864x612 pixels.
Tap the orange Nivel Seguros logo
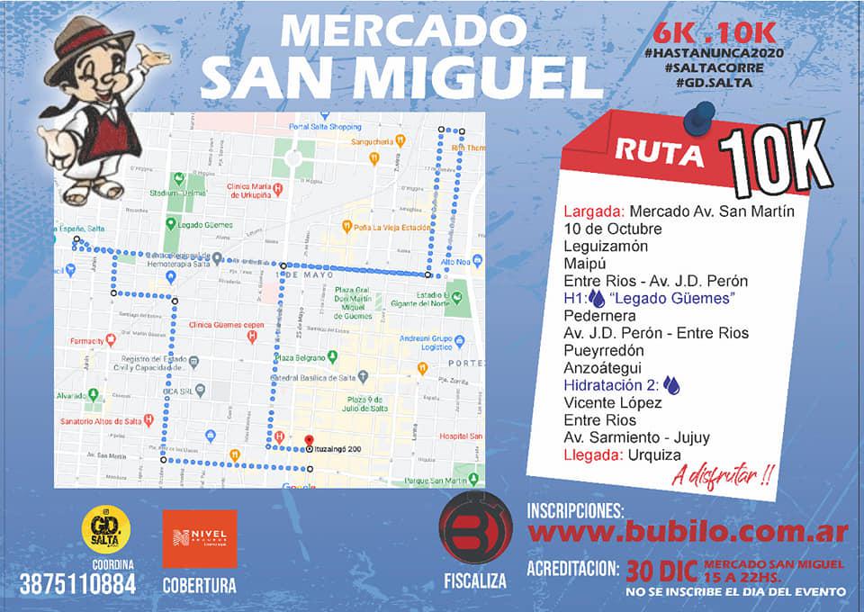[x=199, y=539]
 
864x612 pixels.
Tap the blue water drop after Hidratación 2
[x=671, y=385]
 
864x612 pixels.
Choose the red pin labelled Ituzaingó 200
[x=310, y=448]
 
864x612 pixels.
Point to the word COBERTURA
[x=199, y=585]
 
